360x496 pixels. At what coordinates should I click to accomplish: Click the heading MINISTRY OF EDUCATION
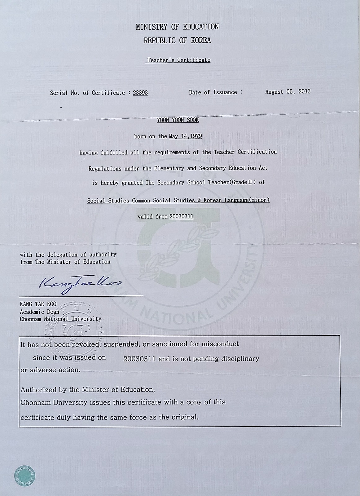(x=177, y=27)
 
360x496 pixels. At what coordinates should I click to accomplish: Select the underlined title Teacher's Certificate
(x=178, y=60)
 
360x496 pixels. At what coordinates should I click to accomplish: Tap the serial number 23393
(x=140, y=93)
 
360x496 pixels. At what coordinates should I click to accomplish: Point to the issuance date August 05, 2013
(x=288, y=92)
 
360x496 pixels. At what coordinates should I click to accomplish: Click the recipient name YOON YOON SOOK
(x=178, y=120)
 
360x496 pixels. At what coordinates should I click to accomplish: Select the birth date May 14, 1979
(x=185, y=136)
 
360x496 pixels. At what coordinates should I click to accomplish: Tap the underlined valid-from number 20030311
(x=182, y=216)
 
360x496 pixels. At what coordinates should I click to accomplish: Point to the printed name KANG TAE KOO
(x=38, y=304)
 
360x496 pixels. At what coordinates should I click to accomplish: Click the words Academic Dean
(x=39, y=312)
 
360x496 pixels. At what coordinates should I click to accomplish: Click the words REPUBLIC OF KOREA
(x=177, y=40)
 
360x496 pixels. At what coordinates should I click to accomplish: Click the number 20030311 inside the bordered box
(x=140, y=359)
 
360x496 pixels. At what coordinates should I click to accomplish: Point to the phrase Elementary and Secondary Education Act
(x=211, y=168)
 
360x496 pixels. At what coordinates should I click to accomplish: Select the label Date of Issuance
(x=213, y=92)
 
